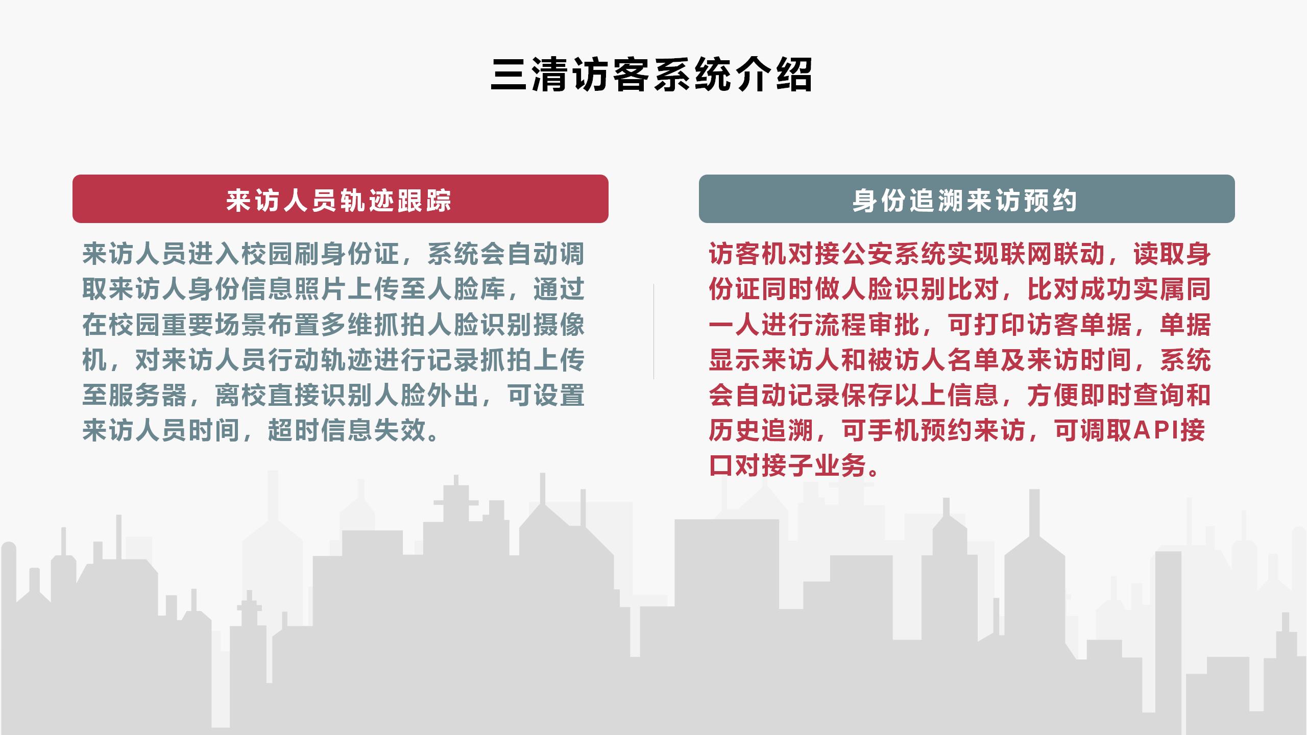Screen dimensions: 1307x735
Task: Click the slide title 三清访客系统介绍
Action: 651,75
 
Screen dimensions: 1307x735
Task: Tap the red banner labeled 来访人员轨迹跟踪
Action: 341,199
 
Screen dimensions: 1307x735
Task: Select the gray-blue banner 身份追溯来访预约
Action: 966,199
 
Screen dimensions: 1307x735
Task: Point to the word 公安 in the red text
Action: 868,254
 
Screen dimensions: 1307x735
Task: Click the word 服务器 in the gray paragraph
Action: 148,395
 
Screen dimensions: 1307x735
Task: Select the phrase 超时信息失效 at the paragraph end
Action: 347,430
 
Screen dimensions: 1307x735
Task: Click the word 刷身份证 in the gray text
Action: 347,254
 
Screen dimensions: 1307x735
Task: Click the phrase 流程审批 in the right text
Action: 868,324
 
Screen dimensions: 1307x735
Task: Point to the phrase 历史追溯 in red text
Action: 761,430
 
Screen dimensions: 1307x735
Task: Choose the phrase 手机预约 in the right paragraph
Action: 921,430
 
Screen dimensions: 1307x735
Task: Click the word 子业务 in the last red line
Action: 828,465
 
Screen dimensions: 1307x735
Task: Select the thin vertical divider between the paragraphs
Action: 653,332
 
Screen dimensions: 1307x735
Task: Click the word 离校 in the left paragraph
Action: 241,395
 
